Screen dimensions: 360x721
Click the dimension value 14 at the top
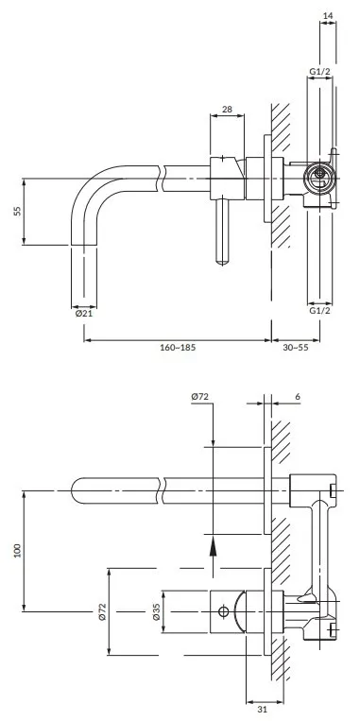pos(328,16)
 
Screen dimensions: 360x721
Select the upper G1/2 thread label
pos(319,71)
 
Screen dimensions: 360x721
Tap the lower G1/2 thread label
pos(319,310)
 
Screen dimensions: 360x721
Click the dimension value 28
pos(227,109)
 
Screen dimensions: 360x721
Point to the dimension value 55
pos(18,211)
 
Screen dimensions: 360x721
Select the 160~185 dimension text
pos(178,347)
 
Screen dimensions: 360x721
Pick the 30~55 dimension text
pos(296,347)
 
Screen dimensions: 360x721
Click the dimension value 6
pos(298,396)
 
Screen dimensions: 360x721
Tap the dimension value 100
pos(18,550)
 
